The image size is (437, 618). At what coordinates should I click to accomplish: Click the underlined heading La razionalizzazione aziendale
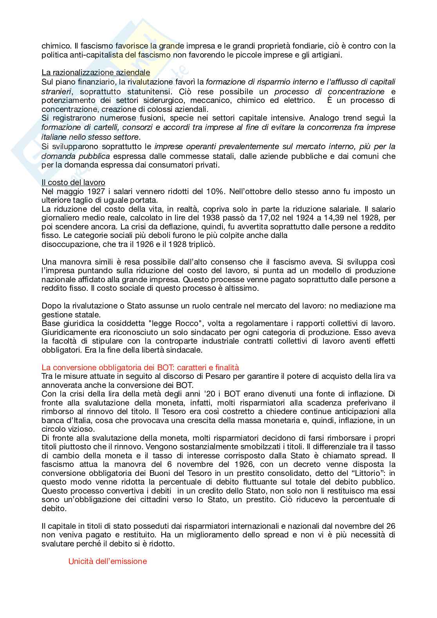(x=96, y=72)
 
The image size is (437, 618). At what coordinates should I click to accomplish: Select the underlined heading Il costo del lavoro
(x=73, y=182)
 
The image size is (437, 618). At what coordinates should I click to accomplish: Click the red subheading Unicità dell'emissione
(x=107, y=561)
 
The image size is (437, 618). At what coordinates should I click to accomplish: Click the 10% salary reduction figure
(x=215, y=191)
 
